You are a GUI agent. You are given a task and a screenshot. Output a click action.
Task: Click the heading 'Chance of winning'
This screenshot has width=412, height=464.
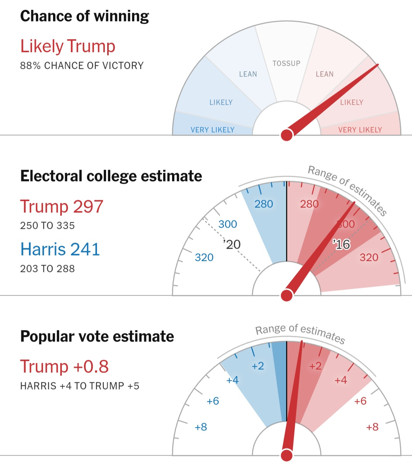84,16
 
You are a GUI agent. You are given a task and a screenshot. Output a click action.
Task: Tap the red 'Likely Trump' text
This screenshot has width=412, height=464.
68,46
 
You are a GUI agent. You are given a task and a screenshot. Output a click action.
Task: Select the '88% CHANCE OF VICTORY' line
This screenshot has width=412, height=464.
82,66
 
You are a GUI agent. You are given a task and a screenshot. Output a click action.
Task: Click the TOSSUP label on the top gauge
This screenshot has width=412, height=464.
286,63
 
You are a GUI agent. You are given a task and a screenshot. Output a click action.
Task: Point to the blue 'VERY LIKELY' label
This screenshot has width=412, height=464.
212,130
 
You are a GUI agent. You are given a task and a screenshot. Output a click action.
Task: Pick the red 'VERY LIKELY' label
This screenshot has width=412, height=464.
360,130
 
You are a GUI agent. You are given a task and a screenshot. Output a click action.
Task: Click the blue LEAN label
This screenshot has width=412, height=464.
248,74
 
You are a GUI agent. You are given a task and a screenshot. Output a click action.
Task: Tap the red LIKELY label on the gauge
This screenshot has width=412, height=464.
351,102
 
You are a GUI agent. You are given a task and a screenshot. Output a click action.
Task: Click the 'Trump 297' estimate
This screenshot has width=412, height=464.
62,207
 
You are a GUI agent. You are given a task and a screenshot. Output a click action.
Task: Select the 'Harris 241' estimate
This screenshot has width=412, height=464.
60,249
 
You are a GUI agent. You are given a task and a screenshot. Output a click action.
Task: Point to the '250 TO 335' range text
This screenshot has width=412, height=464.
47,226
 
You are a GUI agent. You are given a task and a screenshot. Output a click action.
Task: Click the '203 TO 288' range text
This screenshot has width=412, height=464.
47,269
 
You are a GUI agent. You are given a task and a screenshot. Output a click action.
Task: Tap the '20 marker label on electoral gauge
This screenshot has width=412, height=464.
232,244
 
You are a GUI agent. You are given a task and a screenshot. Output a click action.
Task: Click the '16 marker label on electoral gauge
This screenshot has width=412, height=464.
341,244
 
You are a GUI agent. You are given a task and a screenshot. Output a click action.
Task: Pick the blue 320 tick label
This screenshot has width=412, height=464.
204,257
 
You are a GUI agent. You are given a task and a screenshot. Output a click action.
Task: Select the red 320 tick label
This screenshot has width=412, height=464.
369,257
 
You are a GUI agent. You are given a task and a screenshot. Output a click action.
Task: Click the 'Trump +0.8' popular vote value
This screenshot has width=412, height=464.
64,366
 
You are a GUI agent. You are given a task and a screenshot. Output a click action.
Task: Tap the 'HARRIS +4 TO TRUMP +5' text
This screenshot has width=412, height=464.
80,386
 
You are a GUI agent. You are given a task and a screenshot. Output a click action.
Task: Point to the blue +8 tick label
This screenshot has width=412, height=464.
201,427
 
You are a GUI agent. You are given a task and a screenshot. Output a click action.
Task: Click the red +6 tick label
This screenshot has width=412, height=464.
360,401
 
